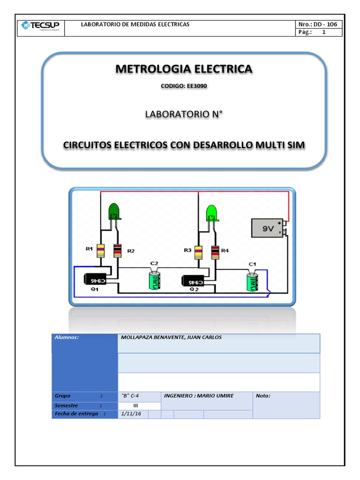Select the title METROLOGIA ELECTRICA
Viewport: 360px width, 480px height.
[184, 69]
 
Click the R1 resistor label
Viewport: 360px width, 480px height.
[89, 249]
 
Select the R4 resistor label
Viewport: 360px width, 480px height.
[225, 251]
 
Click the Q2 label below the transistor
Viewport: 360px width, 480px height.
[194, 290]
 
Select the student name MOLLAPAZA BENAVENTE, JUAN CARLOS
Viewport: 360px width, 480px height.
[171, 337]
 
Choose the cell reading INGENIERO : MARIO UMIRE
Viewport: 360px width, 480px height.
[199, 396]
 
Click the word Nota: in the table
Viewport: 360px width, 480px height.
[263, 396]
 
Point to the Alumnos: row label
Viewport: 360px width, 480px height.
[67, 337]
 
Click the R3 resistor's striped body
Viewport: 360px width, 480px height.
[198, 251]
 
